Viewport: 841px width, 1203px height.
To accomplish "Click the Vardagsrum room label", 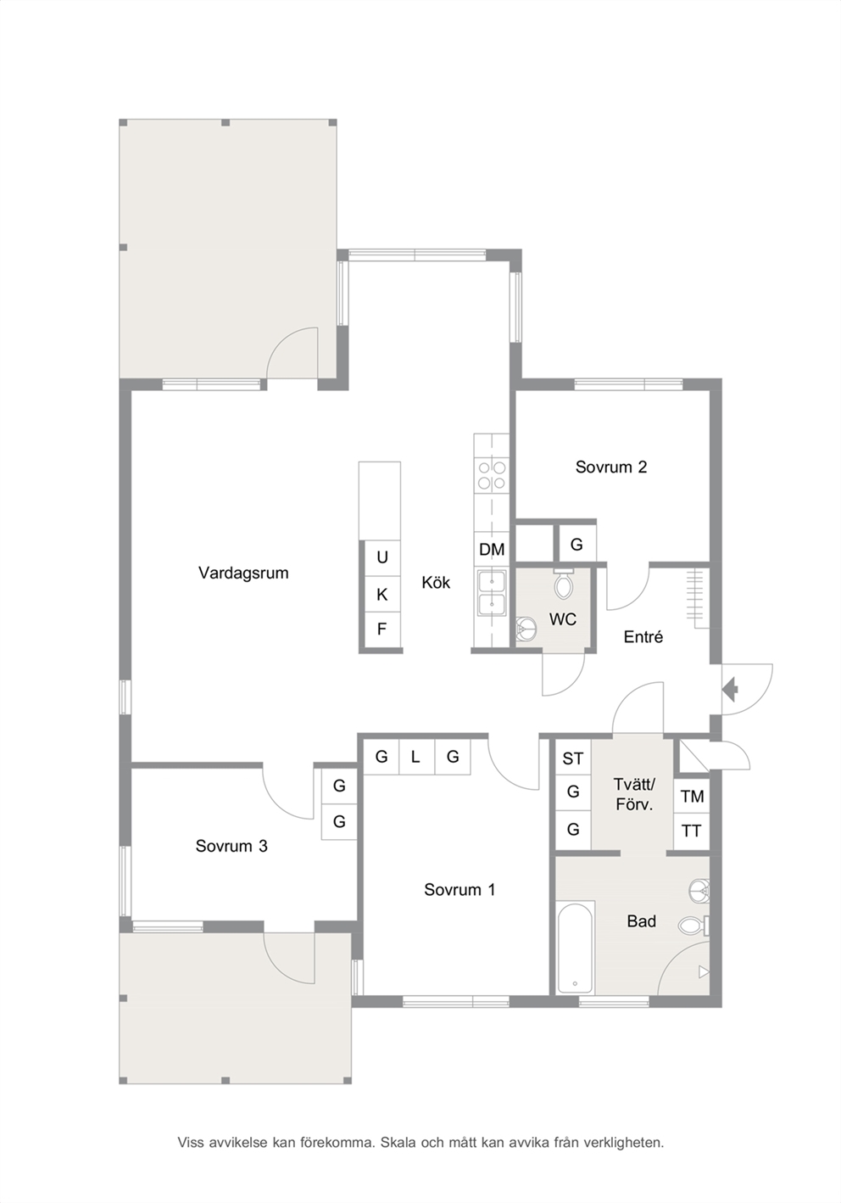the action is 243,573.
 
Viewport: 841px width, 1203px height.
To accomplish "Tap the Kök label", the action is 436,582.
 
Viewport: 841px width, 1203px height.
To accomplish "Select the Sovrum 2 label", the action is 610,467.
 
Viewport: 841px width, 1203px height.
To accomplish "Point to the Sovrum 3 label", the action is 231,846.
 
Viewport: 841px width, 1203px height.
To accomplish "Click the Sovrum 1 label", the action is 459,889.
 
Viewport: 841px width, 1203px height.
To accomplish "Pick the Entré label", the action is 643,637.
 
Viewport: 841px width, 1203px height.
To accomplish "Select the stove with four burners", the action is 492,475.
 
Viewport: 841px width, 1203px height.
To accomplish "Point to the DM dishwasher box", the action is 492,550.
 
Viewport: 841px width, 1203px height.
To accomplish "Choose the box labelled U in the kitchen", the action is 382,557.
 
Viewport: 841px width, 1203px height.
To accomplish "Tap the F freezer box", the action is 382,629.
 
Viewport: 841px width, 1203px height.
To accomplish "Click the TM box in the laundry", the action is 692,797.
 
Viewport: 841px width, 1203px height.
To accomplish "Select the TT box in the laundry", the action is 692,831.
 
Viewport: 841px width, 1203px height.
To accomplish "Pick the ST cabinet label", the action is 572,758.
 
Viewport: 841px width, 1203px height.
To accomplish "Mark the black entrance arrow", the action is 731,690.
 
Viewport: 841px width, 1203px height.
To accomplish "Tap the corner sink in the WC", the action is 526,628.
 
